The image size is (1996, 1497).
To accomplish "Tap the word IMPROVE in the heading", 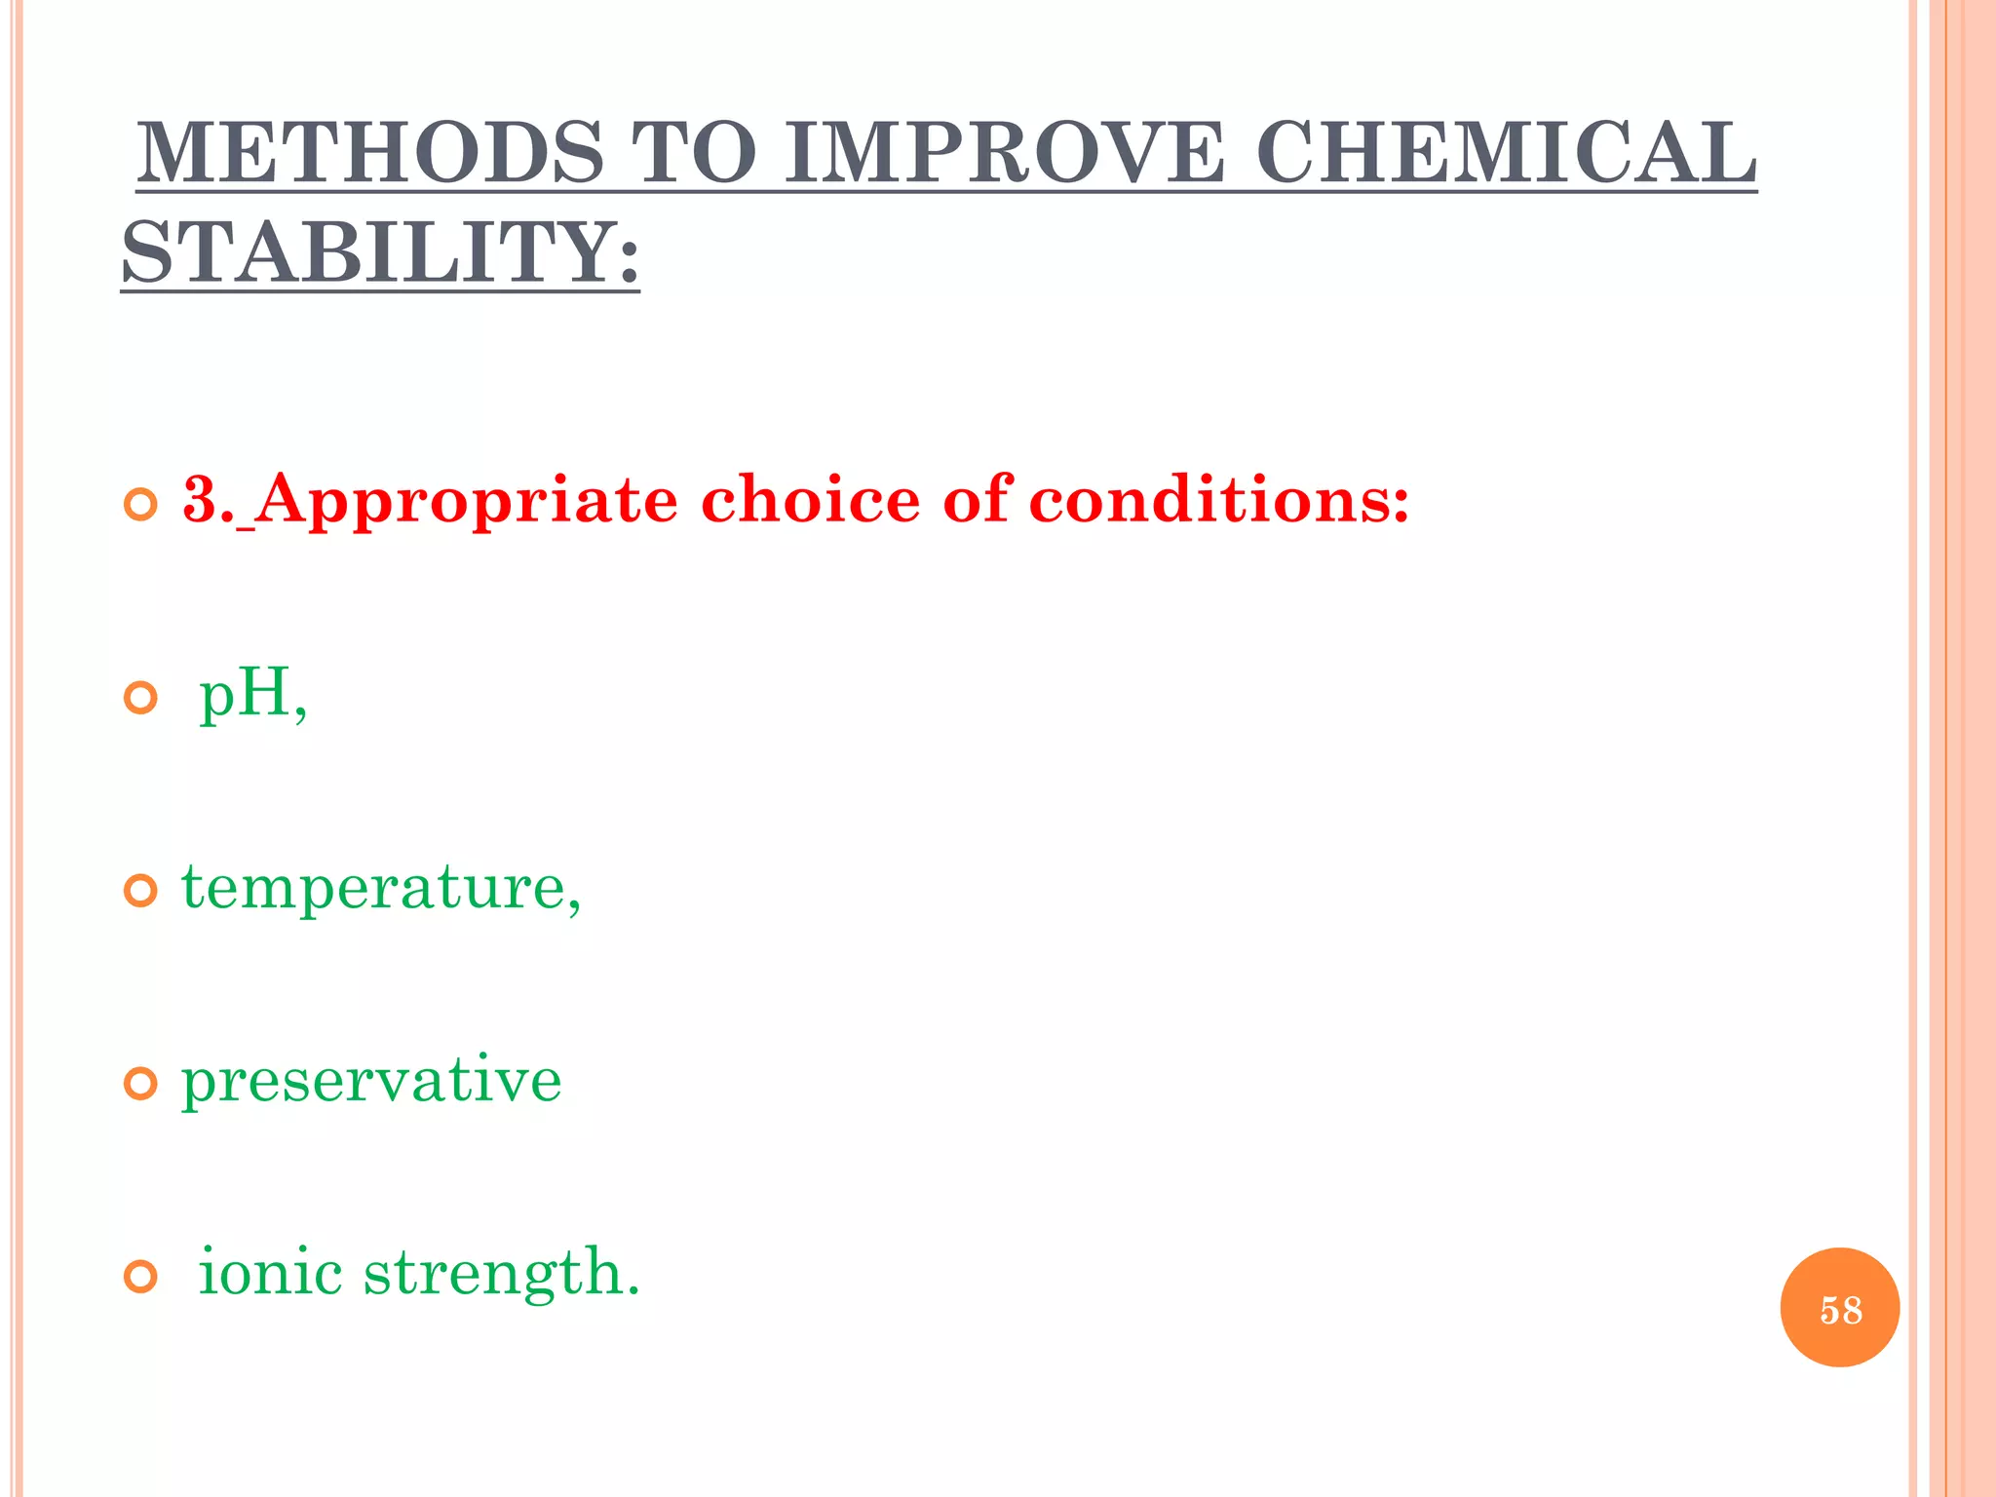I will (1004, 153).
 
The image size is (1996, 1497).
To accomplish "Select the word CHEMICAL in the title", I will (1506, 153).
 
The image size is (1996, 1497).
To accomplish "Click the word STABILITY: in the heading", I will (380, 252).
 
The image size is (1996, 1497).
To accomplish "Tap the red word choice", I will (810, 500).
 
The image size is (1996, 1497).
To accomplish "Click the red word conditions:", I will (1218, 500).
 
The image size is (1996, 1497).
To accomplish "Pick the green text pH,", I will (252, 695).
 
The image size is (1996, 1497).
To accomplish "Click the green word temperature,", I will (381, 889).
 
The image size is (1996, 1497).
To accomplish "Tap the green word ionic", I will (270, 1273).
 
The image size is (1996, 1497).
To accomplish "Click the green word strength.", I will (501, 1273).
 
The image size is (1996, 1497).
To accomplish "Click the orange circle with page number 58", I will (1839, 1308).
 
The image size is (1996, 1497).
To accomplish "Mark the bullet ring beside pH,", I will (141, 699).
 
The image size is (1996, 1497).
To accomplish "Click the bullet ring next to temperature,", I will (141, 891).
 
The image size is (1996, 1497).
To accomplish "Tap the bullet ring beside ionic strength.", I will (141, 1277).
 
